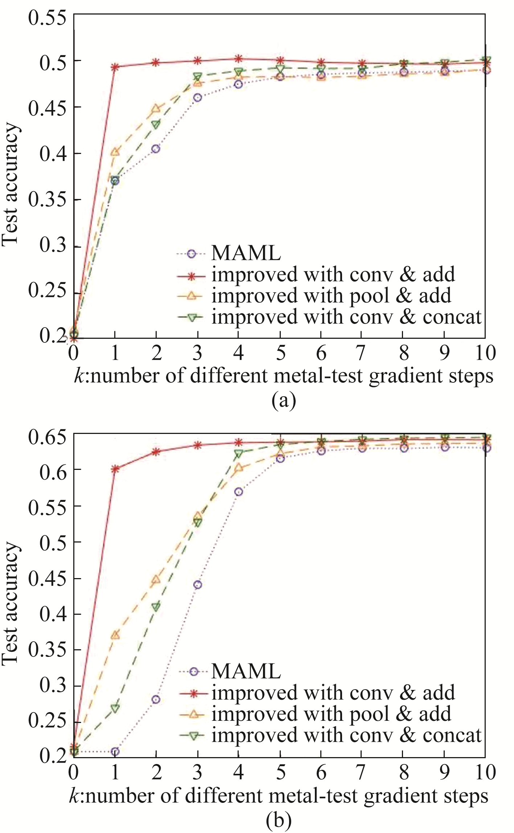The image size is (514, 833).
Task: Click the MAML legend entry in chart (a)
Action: [x=246, y=253]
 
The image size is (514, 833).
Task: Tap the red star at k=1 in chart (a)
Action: [x=115, y=67]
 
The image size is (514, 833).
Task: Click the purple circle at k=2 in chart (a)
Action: [x=156, y=149]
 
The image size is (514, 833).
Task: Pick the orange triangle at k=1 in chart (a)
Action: [x=115, y=152]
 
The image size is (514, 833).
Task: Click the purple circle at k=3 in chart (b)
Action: [x=197, y=585]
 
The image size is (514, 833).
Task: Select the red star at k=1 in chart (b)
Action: [x=115, y=469]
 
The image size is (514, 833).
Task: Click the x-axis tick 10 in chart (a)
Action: [x=485, y=353]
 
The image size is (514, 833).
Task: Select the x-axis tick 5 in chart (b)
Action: [x=280, y=772]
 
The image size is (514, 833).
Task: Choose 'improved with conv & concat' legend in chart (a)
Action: [x=346, y=317]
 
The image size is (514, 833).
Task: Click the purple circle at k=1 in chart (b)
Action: [x=115, y=752]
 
